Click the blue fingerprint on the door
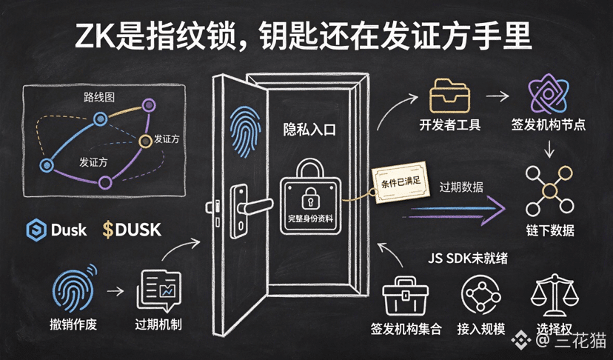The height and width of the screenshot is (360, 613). tap(245, 132)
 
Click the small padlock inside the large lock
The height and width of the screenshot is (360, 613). tap(310, 198)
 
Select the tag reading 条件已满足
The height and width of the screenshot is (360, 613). tap(401, 182)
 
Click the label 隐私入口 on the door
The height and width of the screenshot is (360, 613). tap(309, 130)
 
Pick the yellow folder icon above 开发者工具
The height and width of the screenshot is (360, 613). tap(449, 96)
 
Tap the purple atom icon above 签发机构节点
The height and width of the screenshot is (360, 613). tap(548, 93)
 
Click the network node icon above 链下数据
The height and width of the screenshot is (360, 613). tap(549, 191)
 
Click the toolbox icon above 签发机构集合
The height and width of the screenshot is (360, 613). tap(406, 296)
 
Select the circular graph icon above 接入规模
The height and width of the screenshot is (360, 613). tap(481, 295)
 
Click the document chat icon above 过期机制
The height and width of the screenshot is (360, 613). tap(159, 290)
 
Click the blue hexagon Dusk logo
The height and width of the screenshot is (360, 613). tap(36, 230)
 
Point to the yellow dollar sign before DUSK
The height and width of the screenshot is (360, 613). tap(108, 230)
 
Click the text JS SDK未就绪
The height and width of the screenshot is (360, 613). tap(468, 259)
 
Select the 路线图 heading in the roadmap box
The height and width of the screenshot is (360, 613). tap(99, 96)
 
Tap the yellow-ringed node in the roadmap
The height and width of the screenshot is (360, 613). tap(145, 141)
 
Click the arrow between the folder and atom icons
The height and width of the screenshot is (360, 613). tap(498, 96)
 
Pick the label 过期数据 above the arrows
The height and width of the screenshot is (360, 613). tap(461, 187)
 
